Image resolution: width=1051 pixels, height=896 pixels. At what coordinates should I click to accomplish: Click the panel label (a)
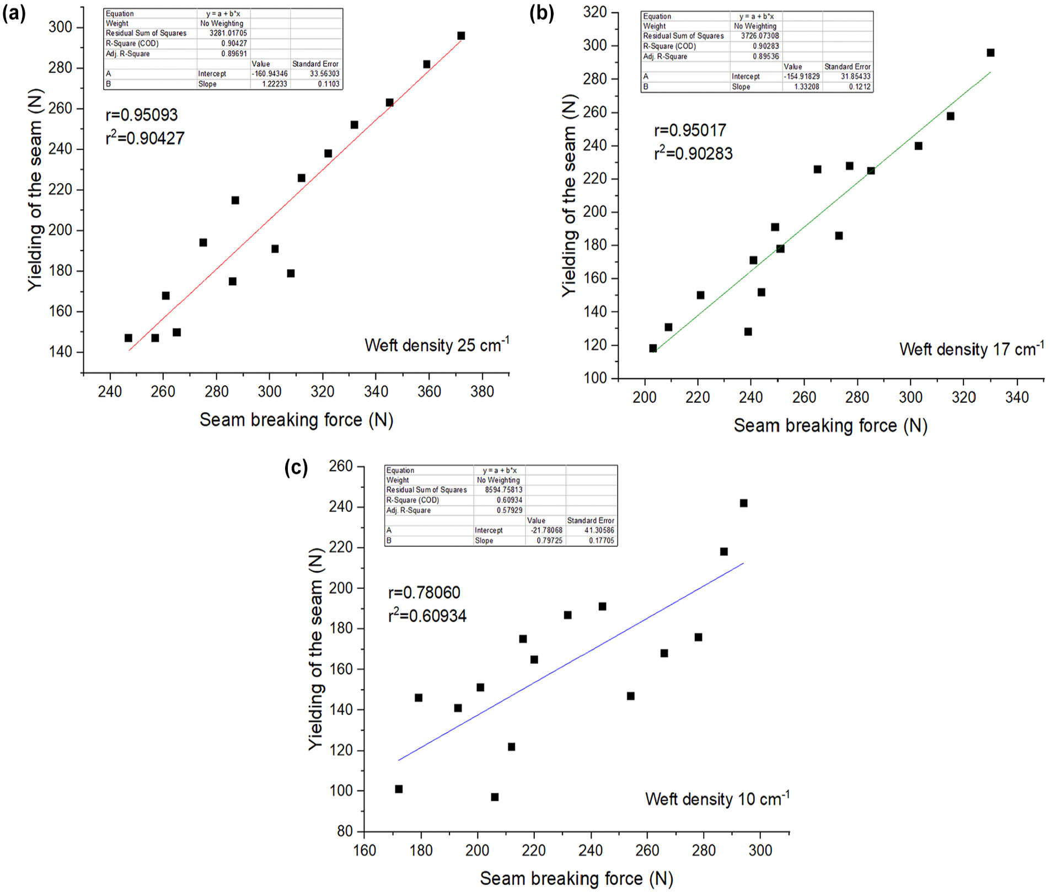(14, 13)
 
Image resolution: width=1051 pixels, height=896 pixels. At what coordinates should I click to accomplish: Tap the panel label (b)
(541, 13)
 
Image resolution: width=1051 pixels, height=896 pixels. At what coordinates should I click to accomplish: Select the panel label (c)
(296, 468)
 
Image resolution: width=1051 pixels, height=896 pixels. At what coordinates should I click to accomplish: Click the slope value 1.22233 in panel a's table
(275, 84)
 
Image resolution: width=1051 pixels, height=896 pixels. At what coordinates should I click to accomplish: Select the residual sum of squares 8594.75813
(503, 489)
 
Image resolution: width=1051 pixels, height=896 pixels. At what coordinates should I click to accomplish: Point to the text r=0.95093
(142, 115)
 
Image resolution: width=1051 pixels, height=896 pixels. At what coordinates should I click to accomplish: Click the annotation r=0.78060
(424, 593)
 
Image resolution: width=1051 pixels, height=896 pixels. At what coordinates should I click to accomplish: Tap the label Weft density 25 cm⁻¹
(437, 345)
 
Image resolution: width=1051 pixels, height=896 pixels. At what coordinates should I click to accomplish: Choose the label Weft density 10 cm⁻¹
(717, 798)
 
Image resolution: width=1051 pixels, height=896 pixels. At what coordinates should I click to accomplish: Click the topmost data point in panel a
(461, 36)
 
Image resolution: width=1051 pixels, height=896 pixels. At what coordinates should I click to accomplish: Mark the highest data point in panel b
(990, 53)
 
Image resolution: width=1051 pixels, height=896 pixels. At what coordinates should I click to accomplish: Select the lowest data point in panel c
(495, 797)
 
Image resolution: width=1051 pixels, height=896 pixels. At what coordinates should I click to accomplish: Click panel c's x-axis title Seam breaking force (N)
(576, 878)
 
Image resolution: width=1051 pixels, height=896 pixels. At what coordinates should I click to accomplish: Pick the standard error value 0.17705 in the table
(601, 541)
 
